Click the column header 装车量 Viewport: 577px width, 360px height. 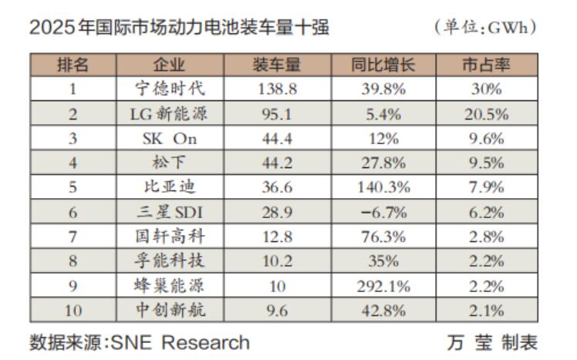click(275, 65)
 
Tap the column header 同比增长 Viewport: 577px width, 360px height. click(383, 65)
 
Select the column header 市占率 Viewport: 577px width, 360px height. click(487, 65)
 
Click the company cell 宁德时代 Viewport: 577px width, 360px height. click(170, 89)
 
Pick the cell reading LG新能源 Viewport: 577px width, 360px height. click(170, 114)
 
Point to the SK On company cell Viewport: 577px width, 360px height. click(170, 139)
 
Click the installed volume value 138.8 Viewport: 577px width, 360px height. click(275, 89)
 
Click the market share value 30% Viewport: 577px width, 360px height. click(487, 89)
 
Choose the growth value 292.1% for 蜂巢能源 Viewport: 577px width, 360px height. click(383, 287)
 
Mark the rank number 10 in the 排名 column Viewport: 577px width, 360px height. click(73, 311)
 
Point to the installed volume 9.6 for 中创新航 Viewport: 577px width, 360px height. click(275, 311)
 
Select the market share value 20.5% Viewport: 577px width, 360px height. click(487, 114)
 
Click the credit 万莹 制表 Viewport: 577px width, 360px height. click(491, 342)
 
